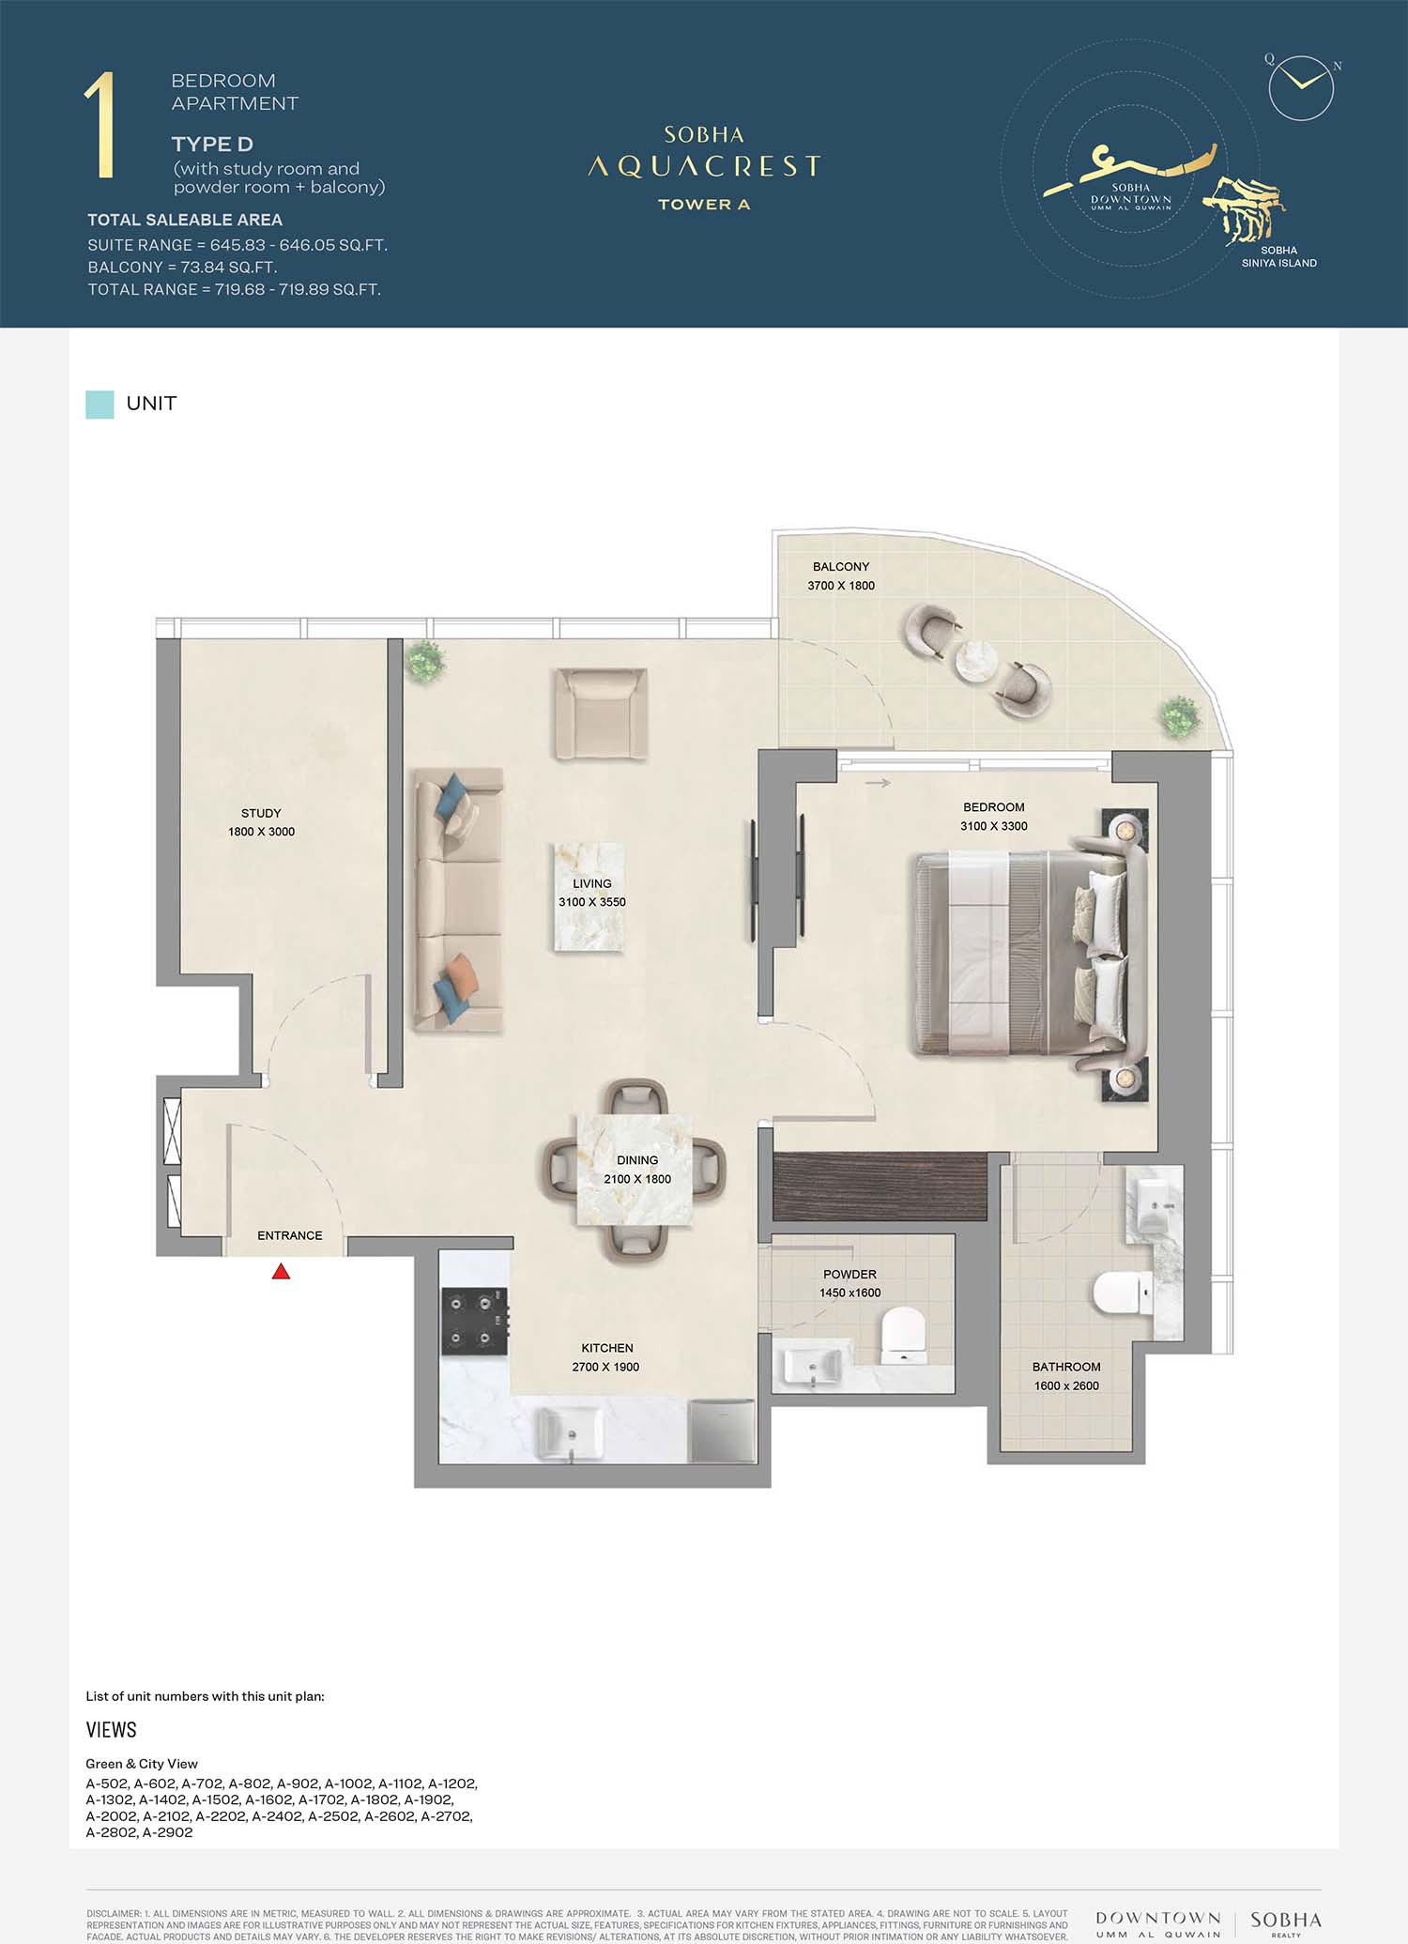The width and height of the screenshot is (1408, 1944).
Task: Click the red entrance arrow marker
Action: point(281,1271)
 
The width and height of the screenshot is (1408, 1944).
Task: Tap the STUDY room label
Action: point(261,813)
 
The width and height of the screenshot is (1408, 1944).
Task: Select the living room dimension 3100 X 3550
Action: point(592,902)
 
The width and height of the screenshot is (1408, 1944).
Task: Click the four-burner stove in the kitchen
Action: point(475,1321)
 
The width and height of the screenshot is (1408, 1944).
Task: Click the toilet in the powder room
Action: point(903,1335)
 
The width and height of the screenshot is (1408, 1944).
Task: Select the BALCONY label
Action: point(841,567)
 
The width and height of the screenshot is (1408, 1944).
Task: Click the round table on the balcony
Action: point(977,660)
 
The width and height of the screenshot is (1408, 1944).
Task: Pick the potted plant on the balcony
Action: point(1180,717)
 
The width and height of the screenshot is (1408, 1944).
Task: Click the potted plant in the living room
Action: point(425,661)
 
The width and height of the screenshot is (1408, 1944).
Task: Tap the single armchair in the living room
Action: point(601,713)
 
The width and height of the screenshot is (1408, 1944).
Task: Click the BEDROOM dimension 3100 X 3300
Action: point(993,826)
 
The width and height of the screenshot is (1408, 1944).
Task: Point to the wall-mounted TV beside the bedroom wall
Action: point(754,880)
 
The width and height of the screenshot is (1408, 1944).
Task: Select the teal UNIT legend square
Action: point(99,405)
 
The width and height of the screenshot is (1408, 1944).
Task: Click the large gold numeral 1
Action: point(99,125)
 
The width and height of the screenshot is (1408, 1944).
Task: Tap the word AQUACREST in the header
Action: point(704,167)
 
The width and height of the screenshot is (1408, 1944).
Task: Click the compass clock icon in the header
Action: point(1301,87)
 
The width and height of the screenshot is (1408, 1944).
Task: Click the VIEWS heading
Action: point(111,1730)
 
